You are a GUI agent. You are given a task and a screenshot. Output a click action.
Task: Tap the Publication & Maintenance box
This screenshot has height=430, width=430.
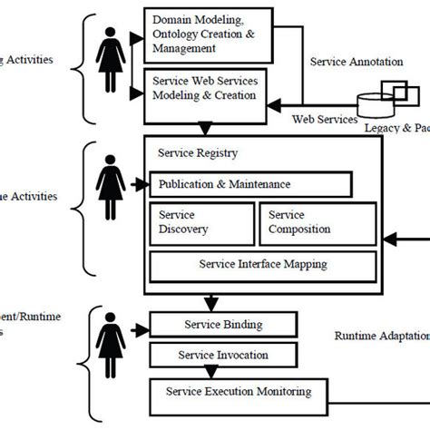tap(250, 184)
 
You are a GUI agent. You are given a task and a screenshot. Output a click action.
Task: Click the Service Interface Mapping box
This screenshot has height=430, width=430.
tap(263, 266)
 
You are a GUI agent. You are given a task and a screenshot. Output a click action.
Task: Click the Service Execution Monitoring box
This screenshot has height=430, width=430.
tap(238, 393)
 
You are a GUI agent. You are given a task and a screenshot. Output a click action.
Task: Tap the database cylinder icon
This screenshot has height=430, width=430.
tap(379, 107)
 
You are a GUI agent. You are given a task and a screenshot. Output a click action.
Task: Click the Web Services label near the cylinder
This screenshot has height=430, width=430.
tap(324, 119)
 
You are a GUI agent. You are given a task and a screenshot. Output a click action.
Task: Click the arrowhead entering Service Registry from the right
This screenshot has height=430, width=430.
tap(388, 239)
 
